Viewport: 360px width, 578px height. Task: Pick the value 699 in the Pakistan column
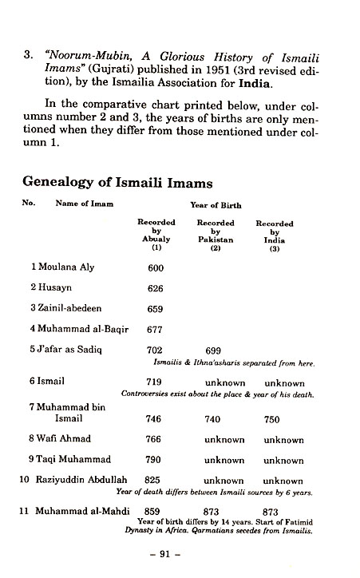pyautogui.click(x=213, y=350)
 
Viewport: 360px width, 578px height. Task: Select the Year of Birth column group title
pyautogui.click(x=216, y=204)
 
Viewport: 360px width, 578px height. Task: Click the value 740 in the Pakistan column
pyautogui.click(x=213, y=418)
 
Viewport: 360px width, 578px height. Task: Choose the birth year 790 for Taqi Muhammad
pyautogui.click(x=156, y=460)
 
